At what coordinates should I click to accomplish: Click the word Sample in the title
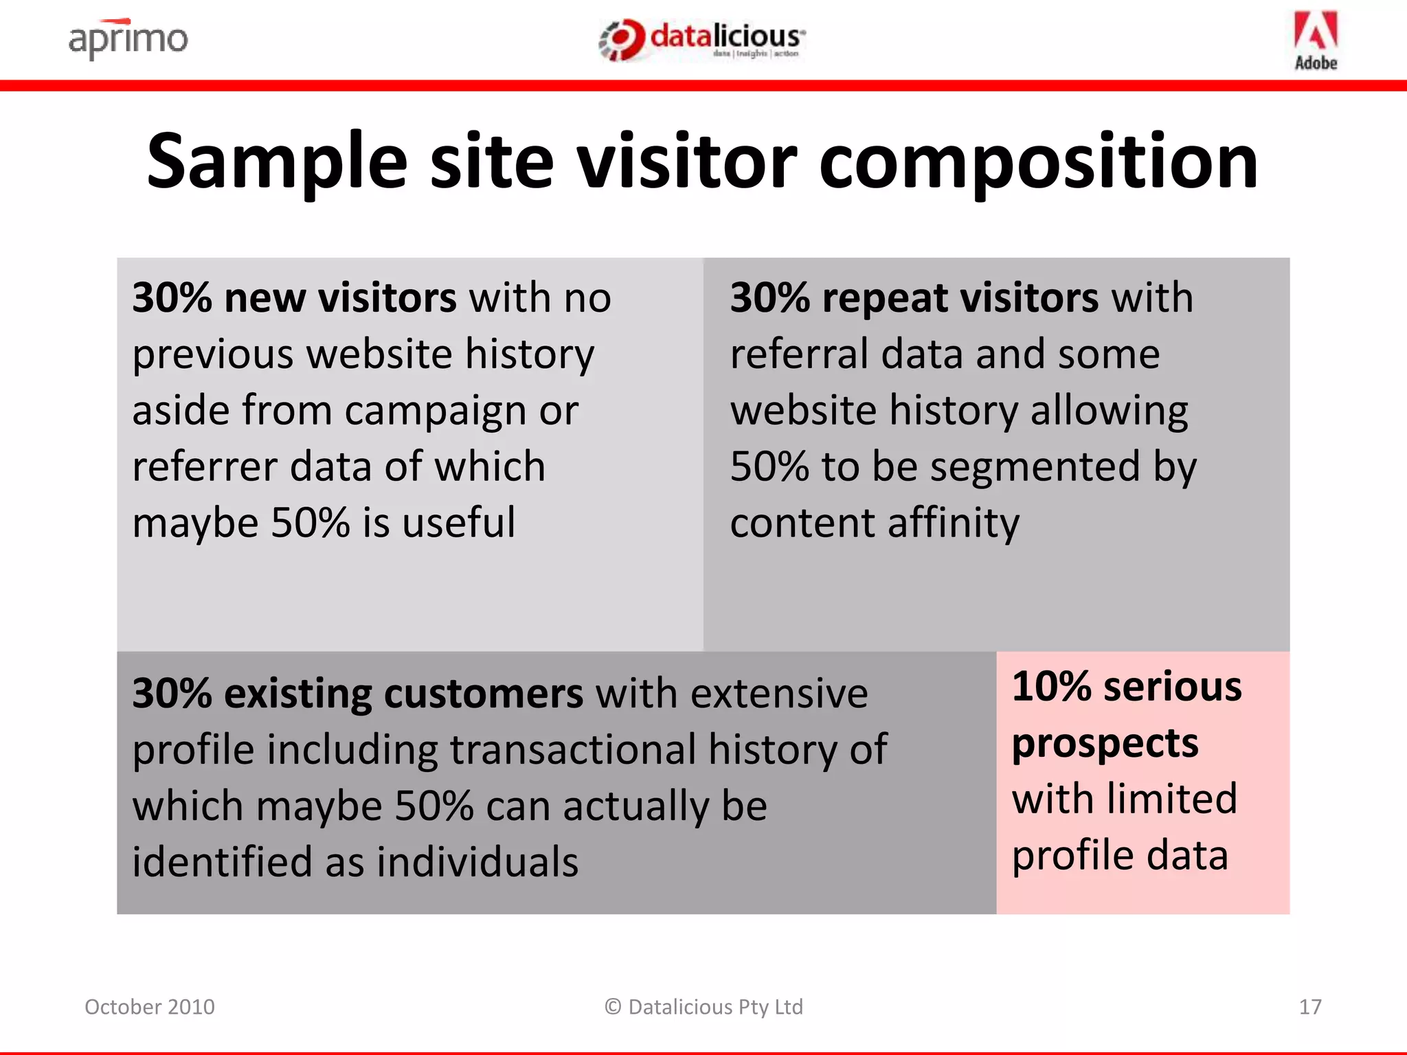[x=277, y=162]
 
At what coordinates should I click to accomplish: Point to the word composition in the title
[x=1038, y=162]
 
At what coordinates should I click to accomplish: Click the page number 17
[x=1310, y=1007]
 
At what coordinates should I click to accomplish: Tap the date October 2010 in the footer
[x=150, y=1007]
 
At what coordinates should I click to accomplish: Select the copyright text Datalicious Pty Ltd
[x=704, y=1007]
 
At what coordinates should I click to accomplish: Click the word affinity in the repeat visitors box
[x=953, y=523]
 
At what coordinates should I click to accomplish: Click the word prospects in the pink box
[x=1105, y=744]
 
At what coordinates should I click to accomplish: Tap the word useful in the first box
[x=458, y=523]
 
